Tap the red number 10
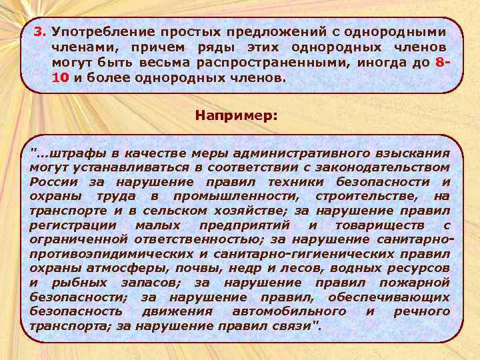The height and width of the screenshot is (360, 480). click(59, 77)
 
